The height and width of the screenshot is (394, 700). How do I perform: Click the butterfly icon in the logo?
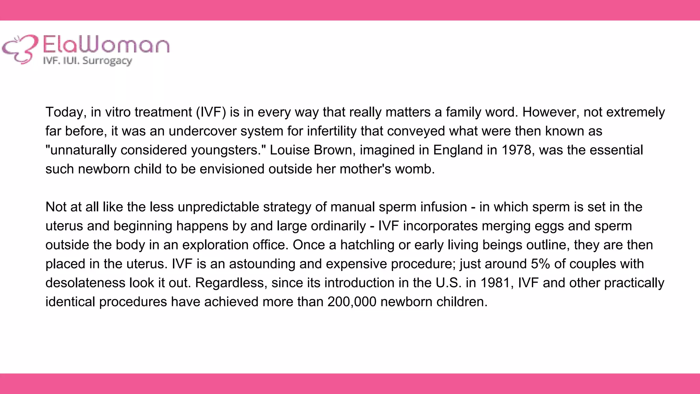tap(20, 49)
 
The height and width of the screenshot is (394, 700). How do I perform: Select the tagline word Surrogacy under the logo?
tap(107, 61)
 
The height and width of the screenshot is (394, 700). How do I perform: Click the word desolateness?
tap(86, 283)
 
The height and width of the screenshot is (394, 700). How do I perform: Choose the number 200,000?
tap(352, 302)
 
